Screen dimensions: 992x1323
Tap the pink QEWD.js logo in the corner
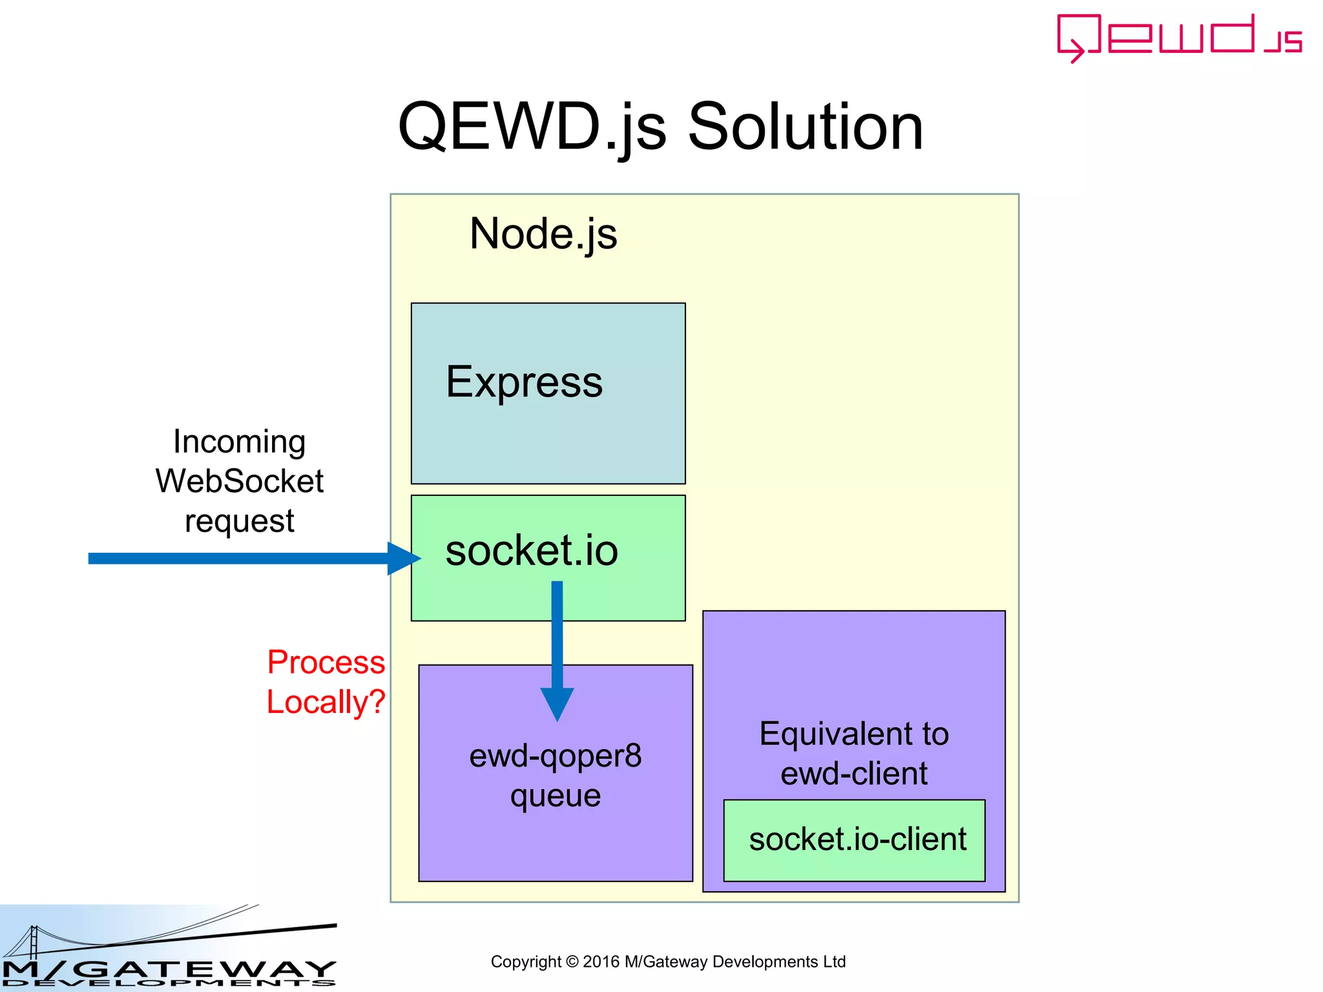[1178, 37]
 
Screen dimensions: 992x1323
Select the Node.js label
[543, 233]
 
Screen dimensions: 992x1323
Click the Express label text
[524, 382]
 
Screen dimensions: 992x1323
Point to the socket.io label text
[531, 550]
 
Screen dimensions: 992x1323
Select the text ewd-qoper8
[555, 756]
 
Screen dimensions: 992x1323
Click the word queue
[555, 796]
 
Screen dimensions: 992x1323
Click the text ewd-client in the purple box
[853, 774]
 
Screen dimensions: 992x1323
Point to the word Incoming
[239, 442]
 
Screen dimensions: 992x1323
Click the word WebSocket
[239, 481]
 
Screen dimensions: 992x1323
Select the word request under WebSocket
[239, 521]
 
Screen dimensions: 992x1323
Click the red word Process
[326, 663]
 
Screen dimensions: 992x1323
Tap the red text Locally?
[326, 702]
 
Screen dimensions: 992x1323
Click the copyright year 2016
[601, 962]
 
